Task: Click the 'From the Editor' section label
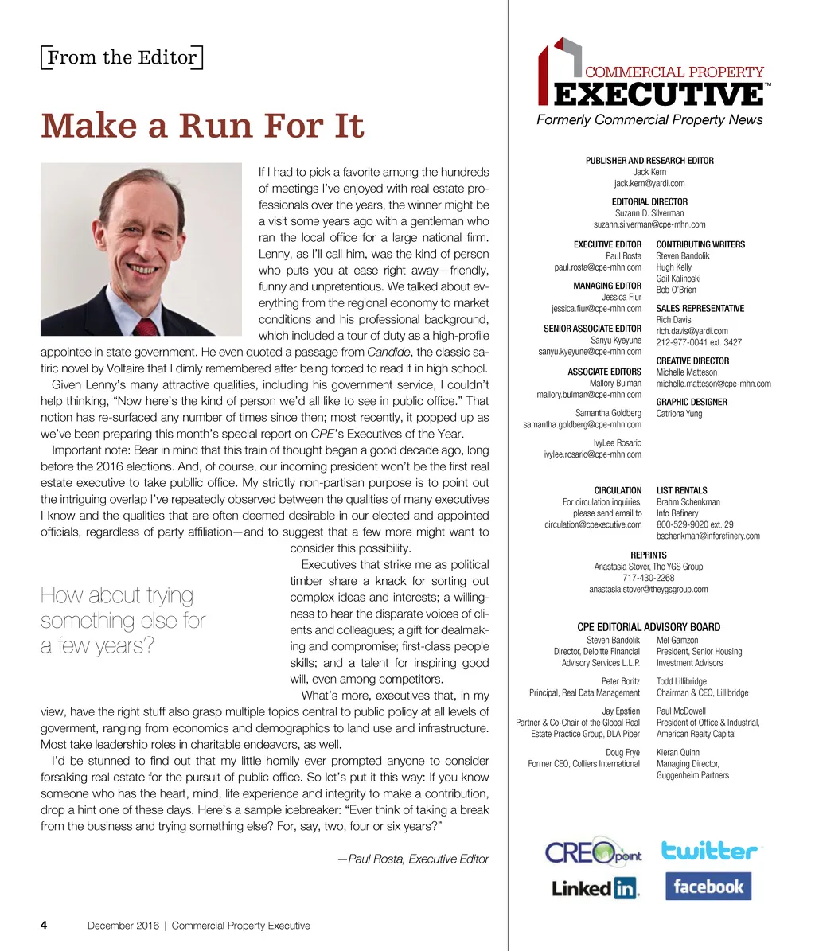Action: coord(122,57)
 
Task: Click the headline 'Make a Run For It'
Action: coord(202,126)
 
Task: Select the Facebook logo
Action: coord(708,887)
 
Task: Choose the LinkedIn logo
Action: coord(595,888)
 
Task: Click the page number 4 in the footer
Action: coord(44,926)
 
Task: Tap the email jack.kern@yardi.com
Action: coord(649,183)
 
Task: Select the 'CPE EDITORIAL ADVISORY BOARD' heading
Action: coord(649,627)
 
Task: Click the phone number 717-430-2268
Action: coord(649,578)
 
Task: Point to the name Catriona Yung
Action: coord(679,414)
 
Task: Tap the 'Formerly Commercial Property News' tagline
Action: coord(649,120)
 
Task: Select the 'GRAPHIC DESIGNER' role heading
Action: coord(692,402)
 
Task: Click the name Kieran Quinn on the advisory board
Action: coord(678,751)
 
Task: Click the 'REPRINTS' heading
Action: coord(649,555)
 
